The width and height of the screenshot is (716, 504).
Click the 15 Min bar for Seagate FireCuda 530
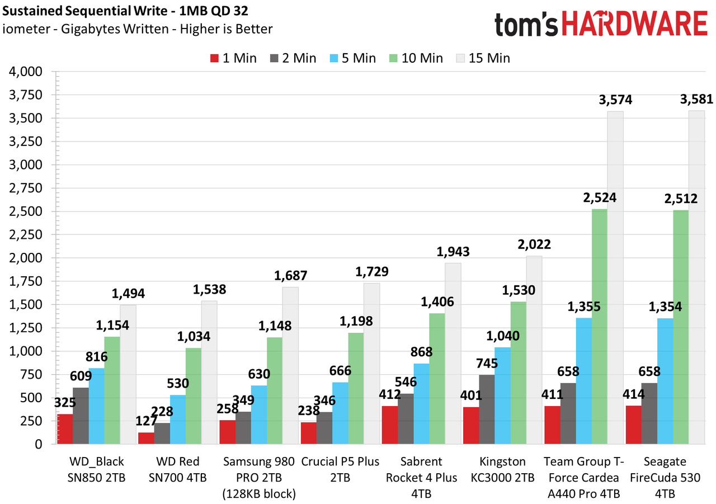(696, 277)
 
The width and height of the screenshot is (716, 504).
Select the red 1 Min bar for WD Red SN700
(146, 438)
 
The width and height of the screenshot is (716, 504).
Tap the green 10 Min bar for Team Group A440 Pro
(599, 326)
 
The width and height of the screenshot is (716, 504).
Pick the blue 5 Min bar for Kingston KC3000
(502, 395)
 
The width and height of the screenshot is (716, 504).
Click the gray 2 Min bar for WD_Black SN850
(81, 416)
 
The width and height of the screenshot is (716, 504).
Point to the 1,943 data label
(453, 252)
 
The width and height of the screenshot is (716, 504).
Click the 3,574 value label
(615, 100)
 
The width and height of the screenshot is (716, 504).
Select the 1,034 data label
(194, 337)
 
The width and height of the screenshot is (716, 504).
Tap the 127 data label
(146, 421)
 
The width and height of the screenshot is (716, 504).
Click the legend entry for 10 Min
(416, 58)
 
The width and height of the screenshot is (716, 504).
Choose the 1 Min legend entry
(233, 58)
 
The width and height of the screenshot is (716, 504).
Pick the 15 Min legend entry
(483, 58)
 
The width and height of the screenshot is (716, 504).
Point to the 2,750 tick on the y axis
(26, 189)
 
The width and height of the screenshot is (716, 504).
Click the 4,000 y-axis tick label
(26, 72)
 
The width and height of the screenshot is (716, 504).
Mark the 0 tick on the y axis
(39, 444)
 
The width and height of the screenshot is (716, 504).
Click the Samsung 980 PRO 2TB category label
(259, 478)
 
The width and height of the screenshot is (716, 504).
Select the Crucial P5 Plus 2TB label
(340, 469)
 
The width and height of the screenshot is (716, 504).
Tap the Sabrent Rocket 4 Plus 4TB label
(421, 478)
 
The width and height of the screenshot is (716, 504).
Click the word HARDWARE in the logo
(634, 23)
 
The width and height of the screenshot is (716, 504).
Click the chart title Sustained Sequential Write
(84, 11)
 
